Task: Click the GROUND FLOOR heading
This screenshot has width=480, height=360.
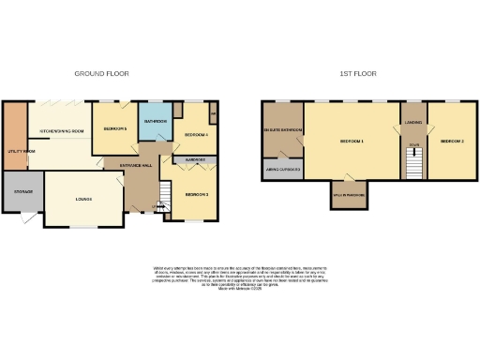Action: pyautogui.click(x=101, y=72)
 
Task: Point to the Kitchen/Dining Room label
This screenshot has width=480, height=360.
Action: pyautogui.click(x=62, y=130)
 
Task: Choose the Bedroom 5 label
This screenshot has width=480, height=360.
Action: pyautogui.click(x=114, y=128)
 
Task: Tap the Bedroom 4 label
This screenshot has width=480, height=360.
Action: pyautogui.click(x=194, y=134)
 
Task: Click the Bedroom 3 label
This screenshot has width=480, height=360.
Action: pyautogui.click(x=195, y=193)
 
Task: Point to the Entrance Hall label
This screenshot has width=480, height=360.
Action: pyautogui.click(x=136, y=165)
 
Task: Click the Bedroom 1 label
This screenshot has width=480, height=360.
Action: pyautogui.click(x=351, y=141)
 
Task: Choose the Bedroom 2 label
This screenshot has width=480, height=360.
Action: pyautogui.click(x=452, y=141)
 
